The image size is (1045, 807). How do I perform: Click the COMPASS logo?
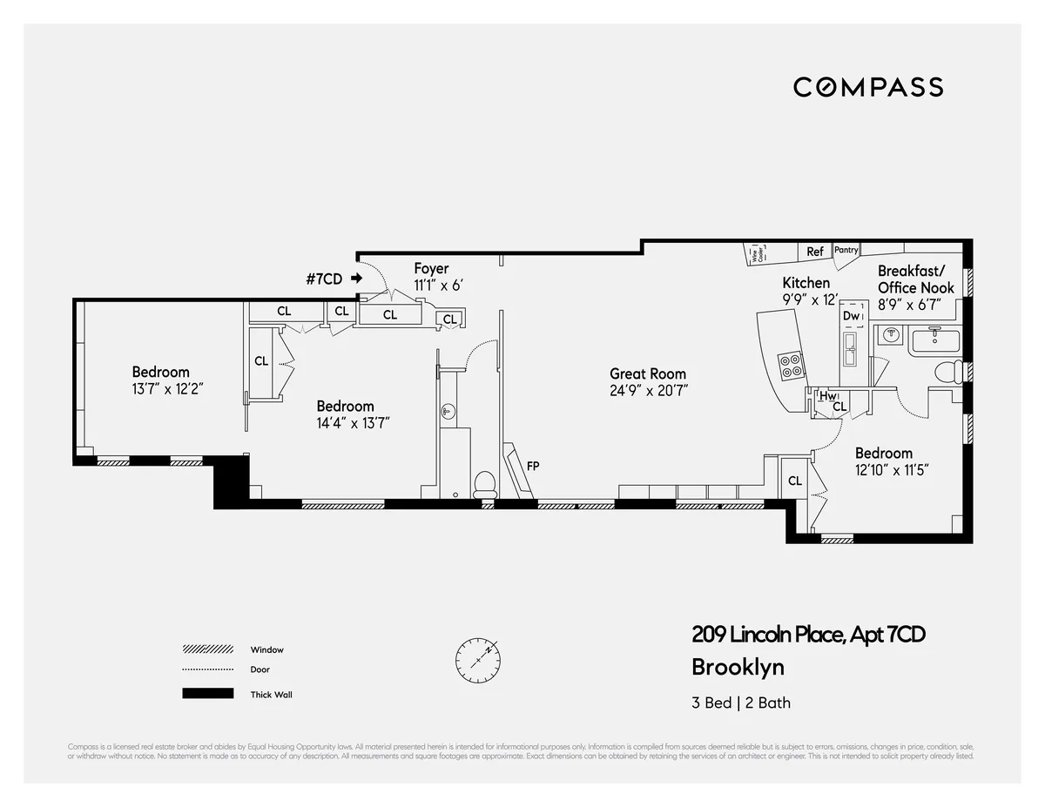[867, 87]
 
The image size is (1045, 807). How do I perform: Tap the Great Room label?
[649, 373]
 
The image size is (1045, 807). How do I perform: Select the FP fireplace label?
[533, 466]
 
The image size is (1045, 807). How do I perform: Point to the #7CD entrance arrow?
[356, 279]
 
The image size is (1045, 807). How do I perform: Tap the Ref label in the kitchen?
[814, 252]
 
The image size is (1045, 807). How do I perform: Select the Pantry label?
[846, 250]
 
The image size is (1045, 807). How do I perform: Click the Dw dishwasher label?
[851, 315]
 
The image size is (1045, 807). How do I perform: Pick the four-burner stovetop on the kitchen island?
[790, 365]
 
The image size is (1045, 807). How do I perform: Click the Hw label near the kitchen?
[826, 396]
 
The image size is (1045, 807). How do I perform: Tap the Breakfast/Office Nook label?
[915, 279]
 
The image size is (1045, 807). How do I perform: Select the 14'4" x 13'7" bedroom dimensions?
[352, 423]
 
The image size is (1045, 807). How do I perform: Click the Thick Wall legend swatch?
[207, 694]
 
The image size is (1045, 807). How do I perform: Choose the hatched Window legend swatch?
[207, 649]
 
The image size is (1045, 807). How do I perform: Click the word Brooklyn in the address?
[737, 668]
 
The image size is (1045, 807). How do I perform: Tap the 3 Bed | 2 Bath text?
[740, 703]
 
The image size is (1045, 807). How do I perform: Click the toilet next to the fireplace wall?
[485, 483]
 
